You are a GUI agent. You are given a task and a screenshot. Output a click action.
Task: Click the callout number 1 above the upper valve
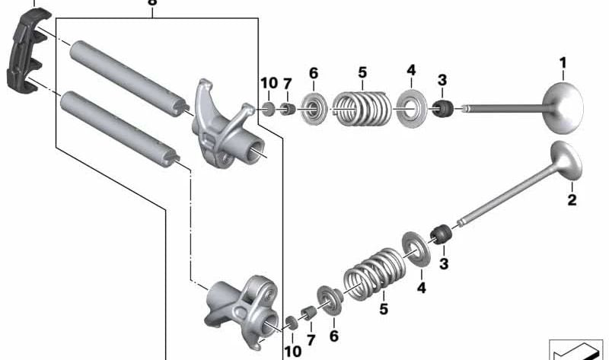click(563, 62)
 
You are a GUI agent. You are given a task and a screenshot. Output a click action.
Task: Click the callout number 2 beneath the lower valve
click(572, 200)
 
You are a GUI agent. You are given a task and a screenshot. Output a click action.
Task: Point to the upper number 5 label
click(362, 73)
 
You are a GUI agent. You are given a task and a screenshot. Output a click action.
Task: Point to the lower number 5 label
click(384, 309)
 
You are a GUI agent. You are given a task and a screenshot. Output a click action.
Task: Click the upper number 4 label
click(411, 71)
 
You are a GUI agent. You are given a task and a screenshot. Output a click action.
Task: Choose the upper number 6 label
click(312, 73)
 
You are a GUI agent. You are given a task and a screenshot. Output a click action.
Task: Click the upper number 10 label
click(268, 83)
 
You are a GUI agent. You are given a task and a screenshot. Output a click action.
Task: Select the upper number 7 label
click(287, 83)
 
